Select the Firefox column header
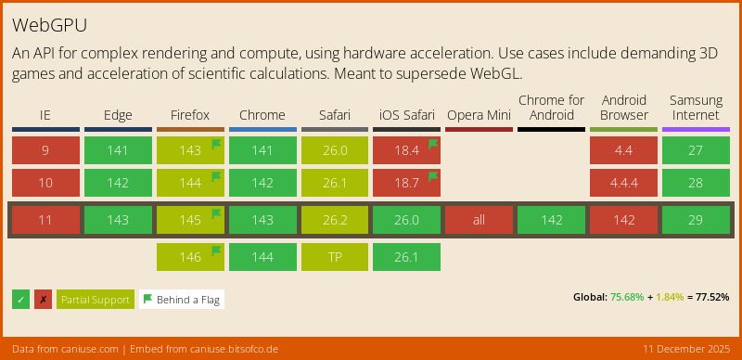[190, 115]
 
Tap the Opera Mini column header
[479, 115]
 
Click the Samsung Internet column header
[696, 108]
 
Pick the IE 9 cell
[45, 150]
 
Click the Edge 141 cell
[118, 150]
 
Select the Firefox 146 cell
[190, 257]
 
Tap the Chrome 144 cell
[262, 257]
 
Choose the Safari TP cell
[335, 257]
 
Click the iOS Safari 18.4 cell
[406, 150]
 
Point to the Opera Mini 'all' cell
[479, 220]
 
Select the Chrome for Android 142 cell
[551, 220]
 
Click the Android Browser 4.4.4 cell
[623, 183]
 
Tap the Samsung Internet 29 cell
[696, 220]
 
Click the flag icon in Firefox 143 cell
[215, 144]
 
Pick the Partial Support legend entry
[96, 300]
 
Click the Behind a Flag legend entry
[182, 300]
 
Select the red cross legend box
[43, 300]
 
